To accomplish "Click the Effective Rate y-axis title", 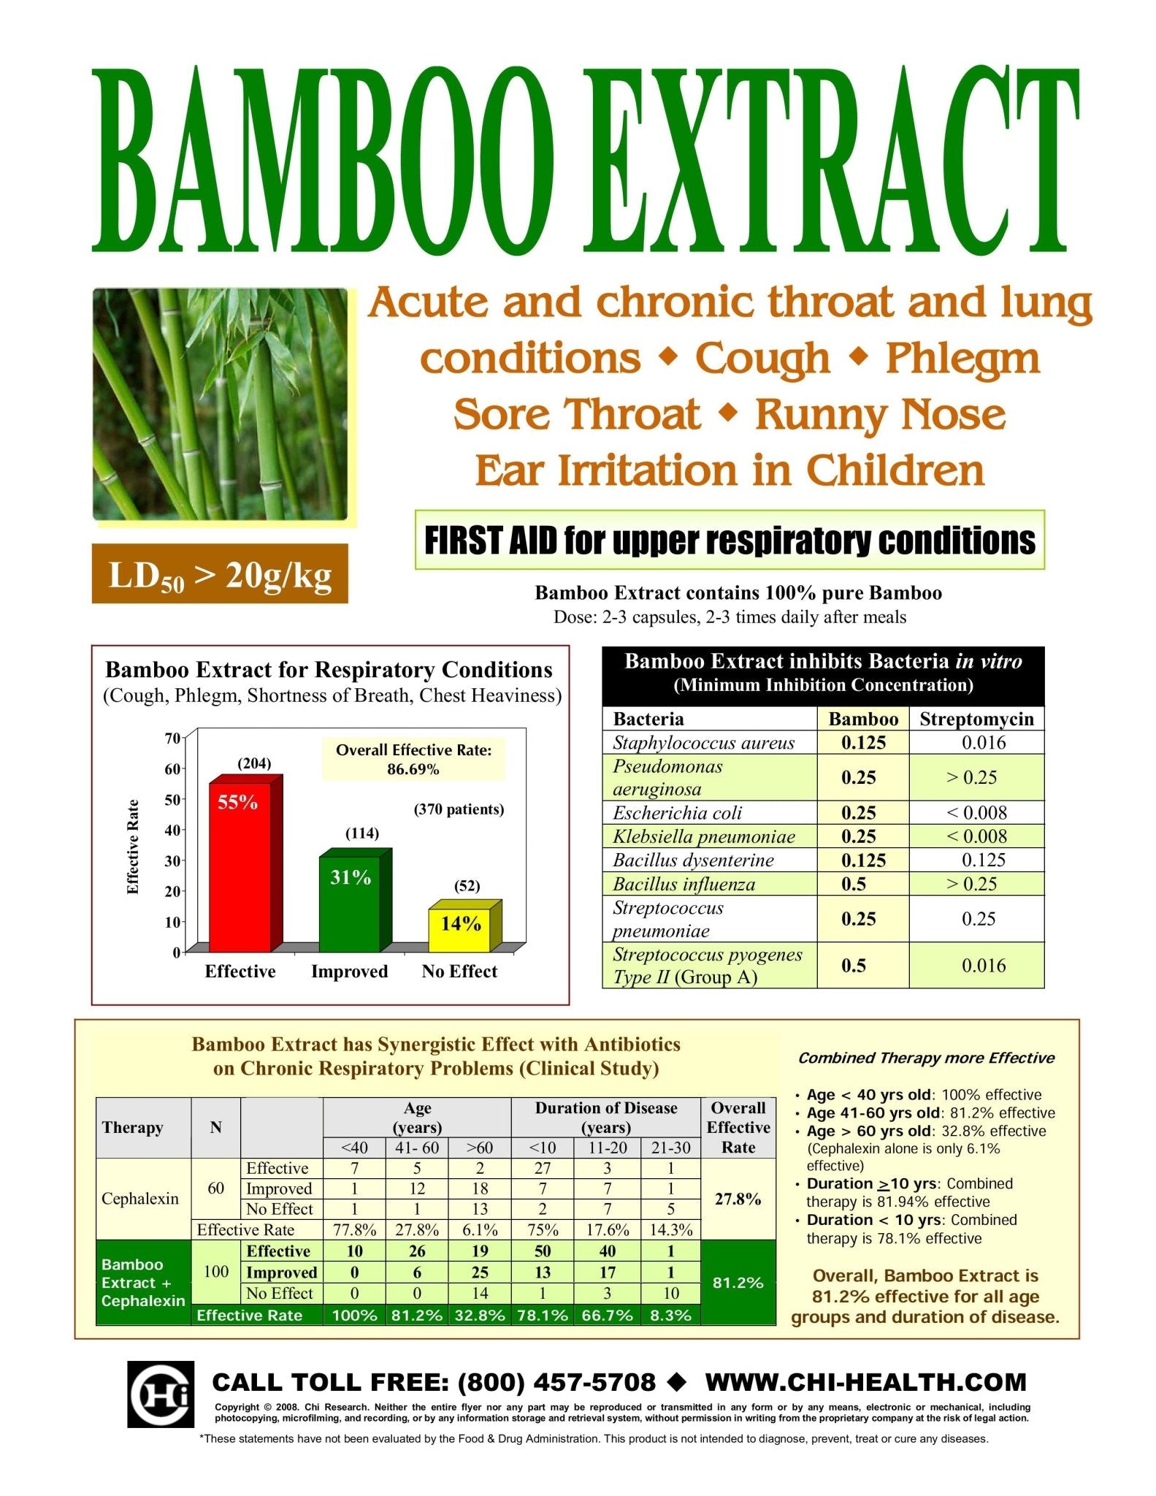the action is pyautogui.click(x=133, y=847).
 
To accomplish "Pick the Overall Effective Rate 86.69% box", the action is pyautogui.click(x=413, y=759).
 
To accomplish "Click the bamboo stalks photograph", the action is pyautogui.click(x=220, y=404).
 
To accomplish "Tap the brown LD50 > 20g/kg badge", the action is pyautogui.click(x=220, y=573).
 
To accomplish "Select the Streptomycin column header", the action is pyautogui.click(x=976, y=719).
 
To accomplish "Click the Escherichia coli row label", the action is pyautogui.click(x=677, y=813).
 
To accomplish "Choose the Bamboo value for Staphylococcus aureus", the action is pyautogui.click(x=863, y=743).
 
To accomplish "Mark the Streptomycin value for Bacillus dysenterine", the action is pyautogui.click(x=983, y=860).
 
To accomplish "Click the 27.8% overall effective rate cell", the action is pyautogui.click(x=738, y=1199).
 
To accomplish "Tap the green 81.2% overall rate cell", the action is pyautogui.click(x=738, y=1283).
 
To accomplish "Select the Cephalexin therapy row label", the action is pyautogui.click(x=140, y=1199).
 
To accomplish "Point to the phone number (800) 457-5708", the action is pyautogui.click(x=556, y=1382).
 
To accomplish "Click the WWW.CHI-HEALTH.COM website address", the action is pyautogui.click(x=866, y=1382).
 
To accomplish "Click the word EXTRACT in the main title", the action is pyautogui.click(x=831, y=159).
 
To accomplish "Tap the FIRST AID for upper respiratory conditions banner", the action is pyautogui.click(x=730, y=541).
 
